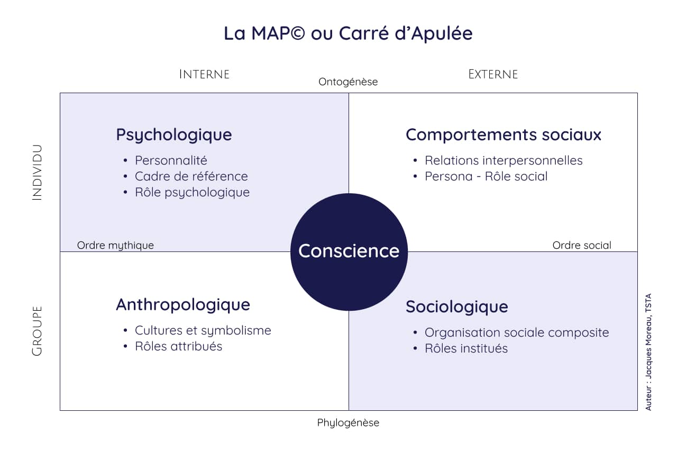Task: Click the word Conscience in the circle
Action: click(x=349, y=251)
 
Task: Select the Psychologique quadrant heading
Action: click(x=174, y=135)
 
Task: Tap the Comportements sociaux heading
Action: click(x=503, y=135)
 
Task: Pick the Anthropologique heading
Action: click(x=183, y=305)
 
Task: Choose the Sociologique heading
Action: click(x=456, y=307)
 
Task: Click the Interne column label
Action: click(x=204, y=75)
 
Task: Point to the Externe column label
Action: click(x=493, y=75)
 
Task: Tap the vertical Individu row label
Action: click(x=37, y=173)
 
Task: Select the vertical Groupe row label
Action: click(x=37, y=331)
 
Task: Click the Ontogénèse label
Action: click(x=348, y=82)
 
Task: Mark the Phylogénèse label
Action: click(x=348, y=423)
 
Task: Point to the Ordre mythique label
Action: click(x=115, y=245)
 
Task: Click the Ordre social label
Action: click(x=582, y=245)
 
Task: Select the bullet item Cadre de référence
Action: click(x=191, y=176)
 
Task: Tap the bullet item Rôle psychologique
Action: click(x=192, y=193)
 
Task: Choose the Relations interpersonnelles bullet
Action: click(x=504, y=160)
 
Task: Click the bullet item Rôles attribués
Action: click(x=178, y=346)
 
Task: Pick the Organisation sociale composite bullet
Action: click(x=517, y=332)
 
